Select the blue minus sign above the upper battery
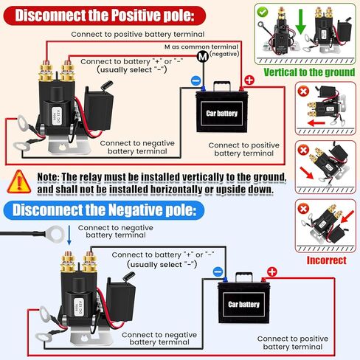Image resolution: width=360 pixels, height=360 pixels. pos(196,80)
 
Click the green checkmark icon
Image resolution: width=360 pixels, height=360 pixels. pos(262,13)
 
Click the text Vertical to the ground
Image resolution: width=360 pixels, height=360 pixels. pos(308,72)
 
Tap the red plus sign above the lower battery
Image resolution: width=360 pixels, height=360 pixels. pos(270,271)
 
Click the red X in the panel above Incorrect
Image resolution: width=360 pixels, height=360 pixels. pos(302,209)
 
